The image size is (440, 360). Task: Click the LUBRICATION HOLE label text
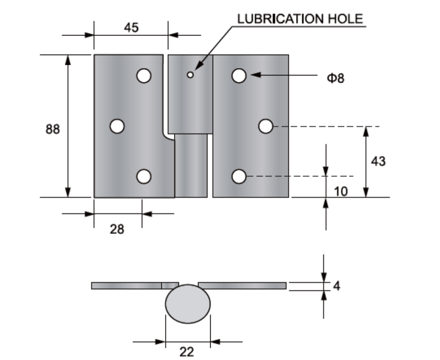(300, 19)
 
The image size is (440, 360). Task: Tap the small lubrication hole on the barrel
(190, 75)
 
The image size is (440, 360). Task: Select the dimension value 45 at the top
(131, 27)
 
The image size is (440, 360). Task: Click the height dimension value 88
(52, 129)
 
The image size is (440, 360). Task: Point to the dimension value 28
(117, 229)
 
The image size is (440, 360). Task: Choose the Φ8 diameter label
(335, 78)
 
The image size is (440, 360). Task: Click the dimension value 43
(378, 161)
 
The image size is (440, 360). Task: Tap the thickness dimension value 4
(337, 285)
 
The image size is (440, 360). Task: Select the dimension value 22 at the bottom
(187, 351)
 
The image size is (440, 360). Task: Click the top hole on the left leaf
(144, 76)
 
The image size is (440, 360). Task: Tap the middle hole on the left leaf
(117, 126)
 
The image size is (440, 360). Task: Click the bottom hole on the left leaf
(144, 177)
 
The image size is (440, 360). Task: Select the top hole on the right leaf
(239, 75)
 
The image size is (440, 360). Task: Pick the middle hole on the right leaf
(266, 126)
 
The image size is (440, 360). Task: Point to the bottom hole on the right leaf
(239, 177)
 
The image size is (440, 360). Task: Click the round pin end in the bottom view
(188, 304)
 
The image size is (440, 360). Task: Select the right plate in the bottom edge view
(242, 285)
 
